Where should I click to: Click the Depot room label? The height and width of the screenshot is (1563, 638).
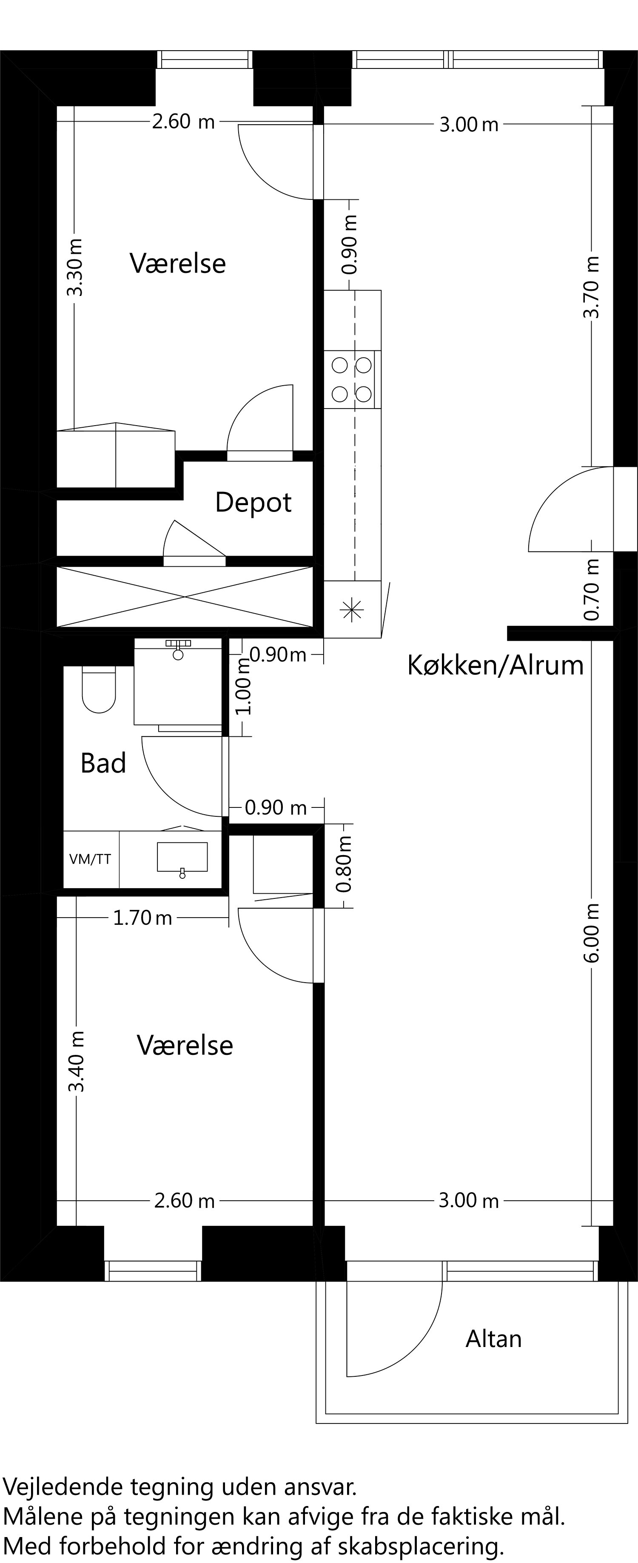(x=253, y=503)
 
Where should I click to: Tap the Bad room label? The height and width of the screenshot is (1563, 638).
(x=103, y=763)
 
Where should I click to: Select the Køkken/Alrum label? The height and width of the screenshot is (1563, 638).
(x=495, y=665)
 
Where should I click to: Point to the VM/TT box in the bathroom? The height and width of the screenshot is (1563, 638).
(x=91, y=859)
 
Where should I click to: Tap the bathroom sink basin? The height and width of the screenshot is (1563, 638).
(x=182, y=857)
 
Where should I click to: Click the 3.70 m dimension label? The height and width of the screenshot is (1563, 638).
(x=591, y=287)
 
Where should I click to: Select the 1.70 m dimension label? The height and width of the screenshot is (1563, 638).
(x=142, y=918)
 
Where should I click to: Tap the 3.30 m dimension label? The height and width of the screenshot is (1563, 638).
(x=75, y=267)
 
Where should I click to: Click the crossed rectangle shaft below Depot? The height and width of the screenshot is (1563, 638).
(x=185, y=597)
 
